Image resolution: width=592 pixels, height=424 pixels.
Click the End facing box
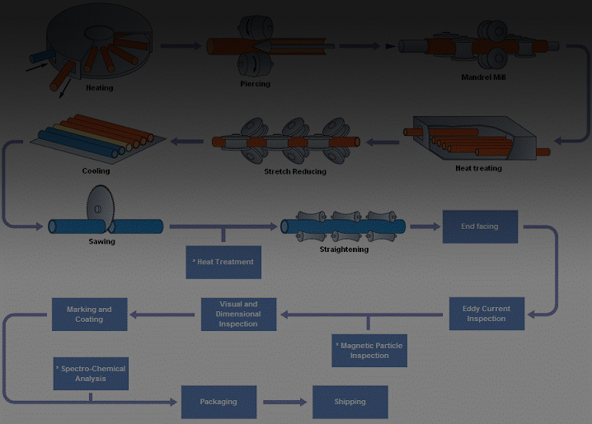(480, 226)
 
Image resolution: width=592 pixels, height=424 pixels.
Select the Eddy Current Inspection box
(486, 314)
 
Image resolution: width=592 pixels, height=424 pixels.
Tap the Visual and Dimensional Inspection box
(238, 314)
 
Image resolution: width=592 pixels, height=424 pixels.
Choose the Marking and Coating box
(89, 314)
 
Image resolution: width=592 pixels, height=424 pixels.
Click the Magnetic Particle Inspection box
(369, 351)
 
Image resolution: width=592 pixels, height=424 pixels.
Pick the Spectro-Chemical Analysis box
(91, 374)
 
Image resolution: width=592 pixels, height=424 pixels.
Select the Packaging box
(218, 402)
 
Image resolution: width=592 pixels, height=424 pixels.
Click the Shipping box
(350, 402)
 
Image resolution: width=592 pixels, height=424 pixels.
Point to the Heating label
(100, 87)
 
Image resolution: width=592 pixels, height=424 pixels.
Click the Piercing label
(255, 83)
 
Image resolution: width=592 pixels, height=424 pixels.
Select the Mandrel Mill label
(482, 77)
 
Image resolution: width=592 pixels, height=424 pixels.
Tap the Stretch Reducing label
(295, 171)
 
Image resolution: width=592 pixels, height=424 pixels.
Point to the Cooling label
(96, 171)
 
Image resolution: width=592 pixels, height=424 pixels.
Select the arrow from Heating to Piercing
(181, 46)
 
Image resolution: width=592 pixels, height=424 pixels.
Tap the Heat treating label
(478, 169)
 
